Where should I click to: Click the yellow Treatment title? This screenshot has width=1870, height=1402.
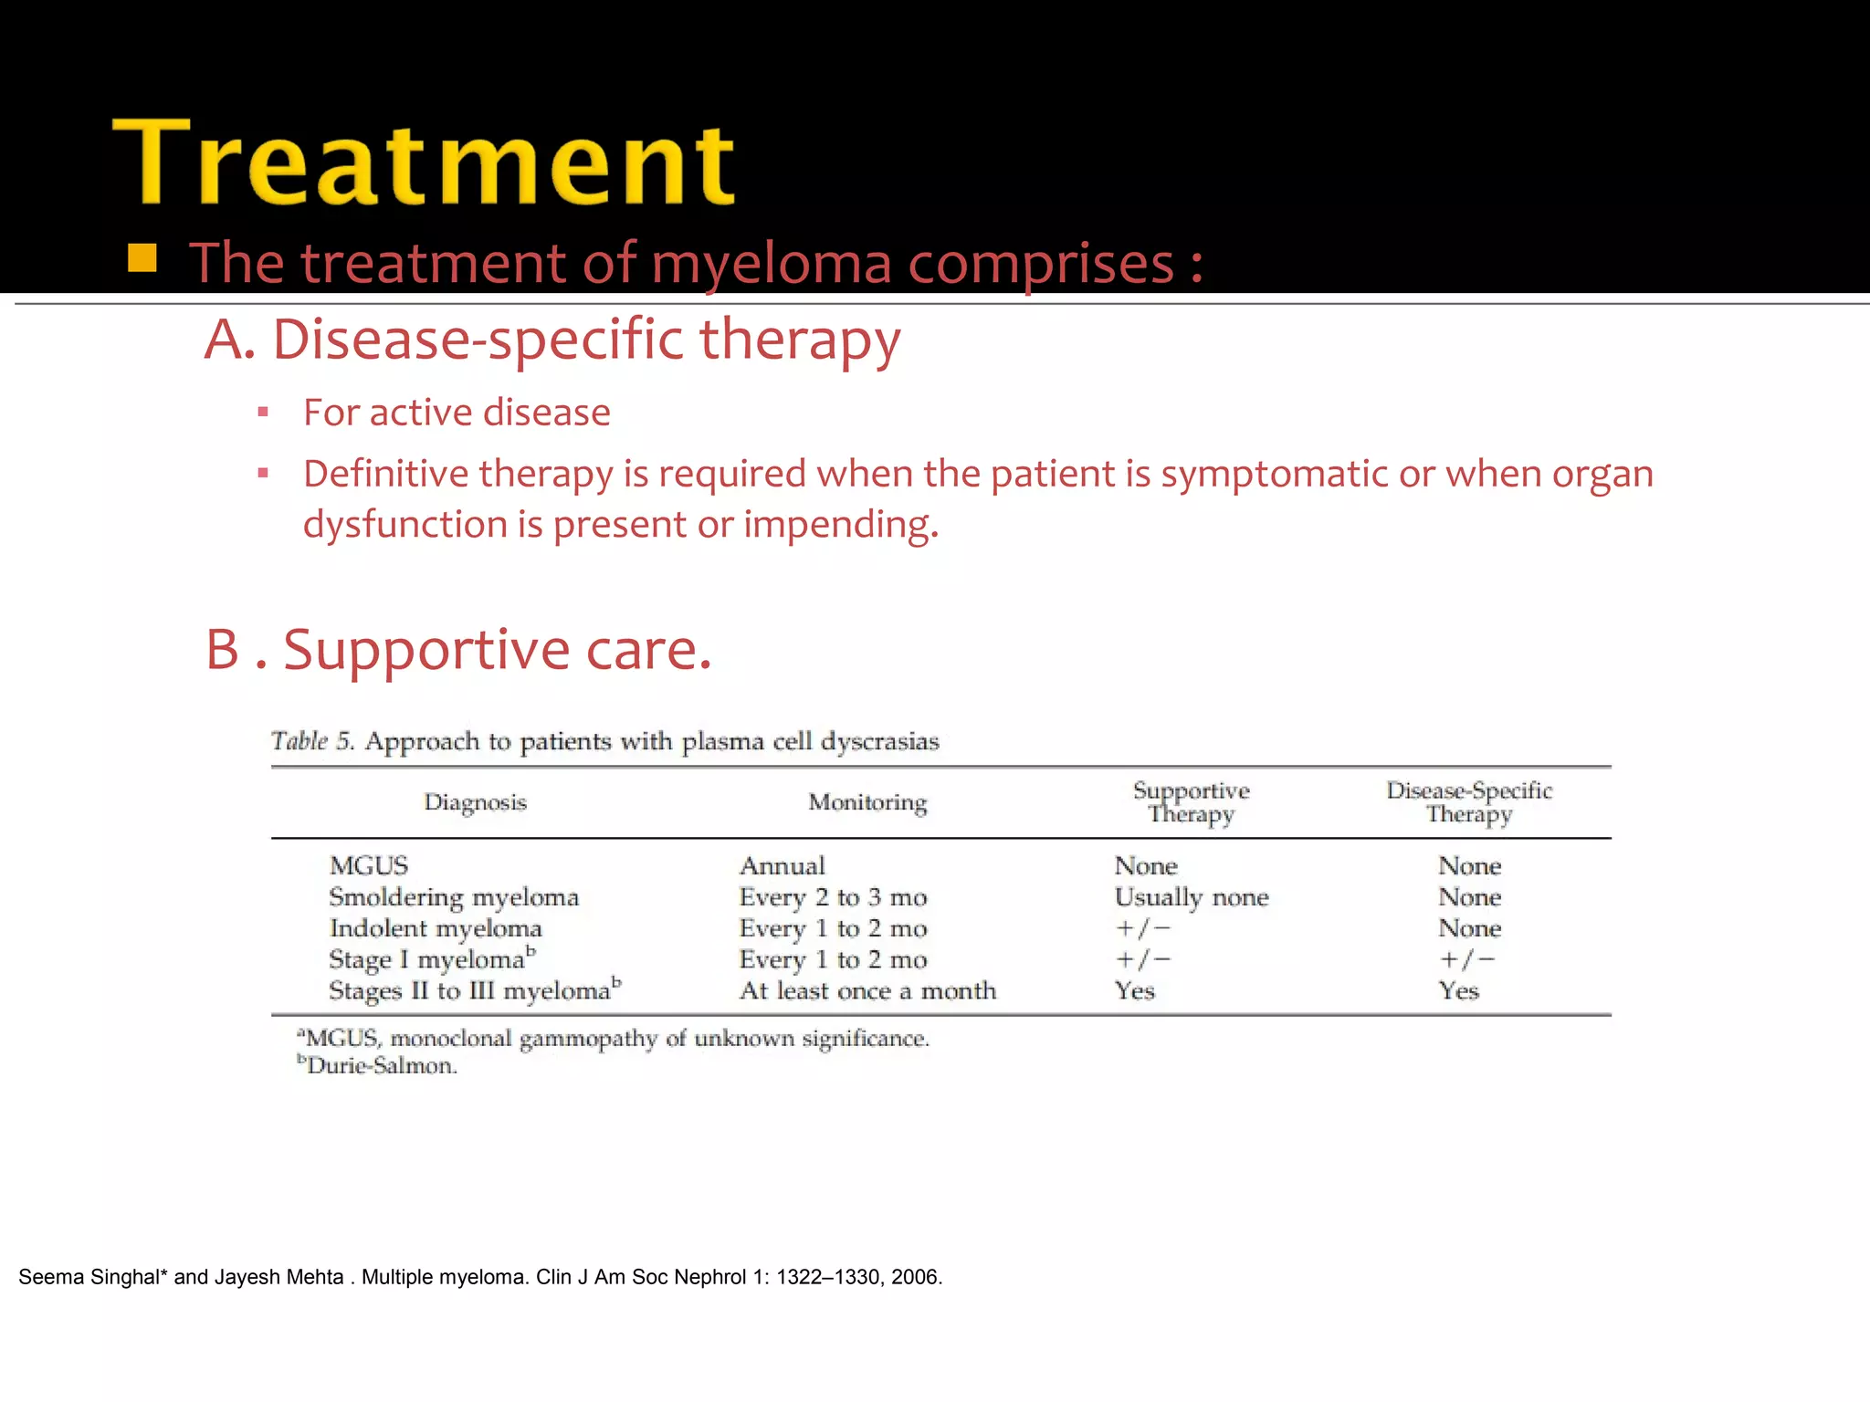point(424,164)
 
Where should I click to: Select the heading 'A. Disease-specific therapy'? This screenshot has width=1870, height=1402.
point(552,340)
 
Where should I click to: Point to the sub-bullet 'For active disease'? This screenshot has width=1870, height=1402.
point(457,413)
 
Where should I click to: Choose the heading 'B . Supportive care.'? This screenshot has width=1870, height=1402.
point(458,650)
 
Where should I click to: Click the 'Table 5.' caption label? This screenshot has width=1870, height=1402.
point(311,741)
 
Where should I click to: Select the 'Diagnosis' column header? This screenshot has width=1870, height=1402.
point(475,802)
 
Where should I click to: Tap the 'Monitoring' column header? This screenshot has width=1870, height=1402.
point(867,802)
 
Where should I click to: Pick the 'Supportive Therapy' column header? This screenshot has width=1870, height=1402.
point(1191,802)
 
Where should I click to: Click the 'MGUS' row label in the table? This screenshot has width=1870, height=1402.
point(369,865)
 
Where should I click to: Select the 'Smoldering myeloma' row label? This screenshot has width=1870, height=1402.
point(454,897)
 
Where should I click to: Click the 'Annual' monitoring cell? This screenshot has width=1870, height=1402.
point(783,865)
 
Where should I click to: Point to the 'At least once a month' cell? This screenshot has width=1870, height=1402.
point(867,991)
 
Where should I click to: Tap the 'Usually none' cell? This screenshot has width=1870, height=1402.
point(1192,897)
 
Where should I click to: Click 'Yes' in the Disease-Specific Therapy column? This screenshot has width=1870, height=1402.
point(1458,991)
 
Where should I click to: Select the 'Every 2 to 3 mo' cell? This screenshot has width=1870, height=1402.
point(833,897)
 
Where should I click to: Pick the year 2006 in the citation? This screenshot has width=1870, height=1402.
point(916,1277)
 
